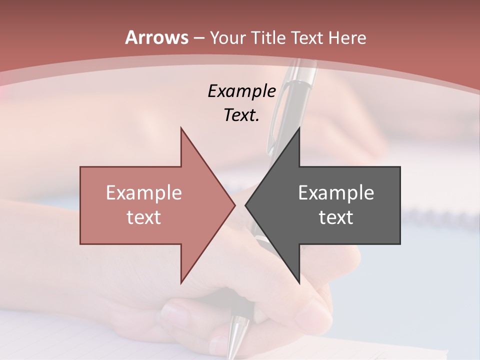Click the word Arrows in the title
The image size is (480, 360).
coord(157,37)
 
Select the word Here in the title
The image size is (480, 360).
coord(345,37)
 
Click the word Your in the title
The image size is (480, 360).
coord(227,37)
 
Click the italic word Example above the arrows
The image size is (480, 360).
coord(242,91)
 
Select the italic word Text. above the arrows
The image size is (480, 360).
coord(242,115)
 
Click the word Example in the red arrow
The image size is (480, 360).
coord(144,193)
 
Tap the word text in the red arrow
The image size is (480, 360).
coord(144,217)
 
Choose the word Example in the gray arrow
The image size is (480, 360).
coord(336,193)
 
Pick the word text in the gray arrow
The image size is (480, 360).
coord(336,217)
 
